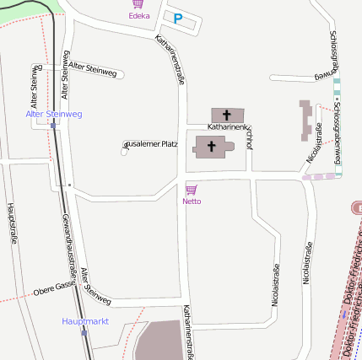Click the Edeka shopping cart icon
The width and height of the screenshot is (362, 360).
click(138, 4)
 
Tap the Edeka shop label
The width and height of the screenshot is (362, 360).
click(139, 16)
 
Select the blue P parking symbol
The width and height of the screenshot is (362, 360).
click(178, 18)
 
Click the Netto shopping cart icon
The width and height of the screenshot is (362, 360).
click(192, 190)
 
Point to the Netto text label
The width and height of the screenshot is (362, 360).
click(192, 201)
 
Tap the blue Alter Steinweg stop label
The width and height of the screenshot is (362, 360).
click(54, 114)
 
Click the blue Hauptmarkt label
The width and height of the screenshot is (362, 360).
click(85, 321)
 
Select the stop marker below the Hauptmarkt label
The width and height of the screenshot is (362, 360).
click(84, 332)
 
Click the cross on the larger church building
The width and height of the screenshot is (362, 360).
click(211, 147)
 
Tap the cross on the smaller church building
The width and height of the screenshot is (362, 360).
click(226, 114)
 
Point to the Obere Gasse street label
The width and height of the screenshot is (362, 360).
click(55, 290)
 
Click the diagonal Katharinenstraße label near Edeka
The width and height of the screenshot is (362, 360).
click(170, 59)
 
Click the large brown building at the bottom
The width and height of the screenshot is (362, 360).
click(165, 341)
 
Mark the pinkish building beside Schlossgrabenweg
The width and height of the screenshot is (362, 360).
click(305, 121)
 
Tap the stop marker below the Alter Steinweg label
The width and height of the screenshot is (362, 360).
click(53, 125)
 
